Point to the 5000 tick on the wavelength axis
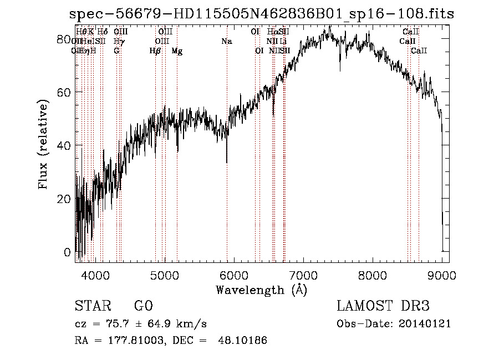[164, 275]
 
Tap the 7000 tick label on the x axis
[303, 275]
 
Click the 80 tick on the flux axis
[64, 39]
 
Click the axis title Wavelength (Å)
[261, 290]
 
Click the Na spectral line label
[226, 42]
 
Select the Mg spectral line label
[177, 51]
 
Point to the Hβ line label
[155, 51]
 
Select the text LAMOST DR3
[383, 306]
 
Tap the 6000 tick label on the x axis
[234, 275]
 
